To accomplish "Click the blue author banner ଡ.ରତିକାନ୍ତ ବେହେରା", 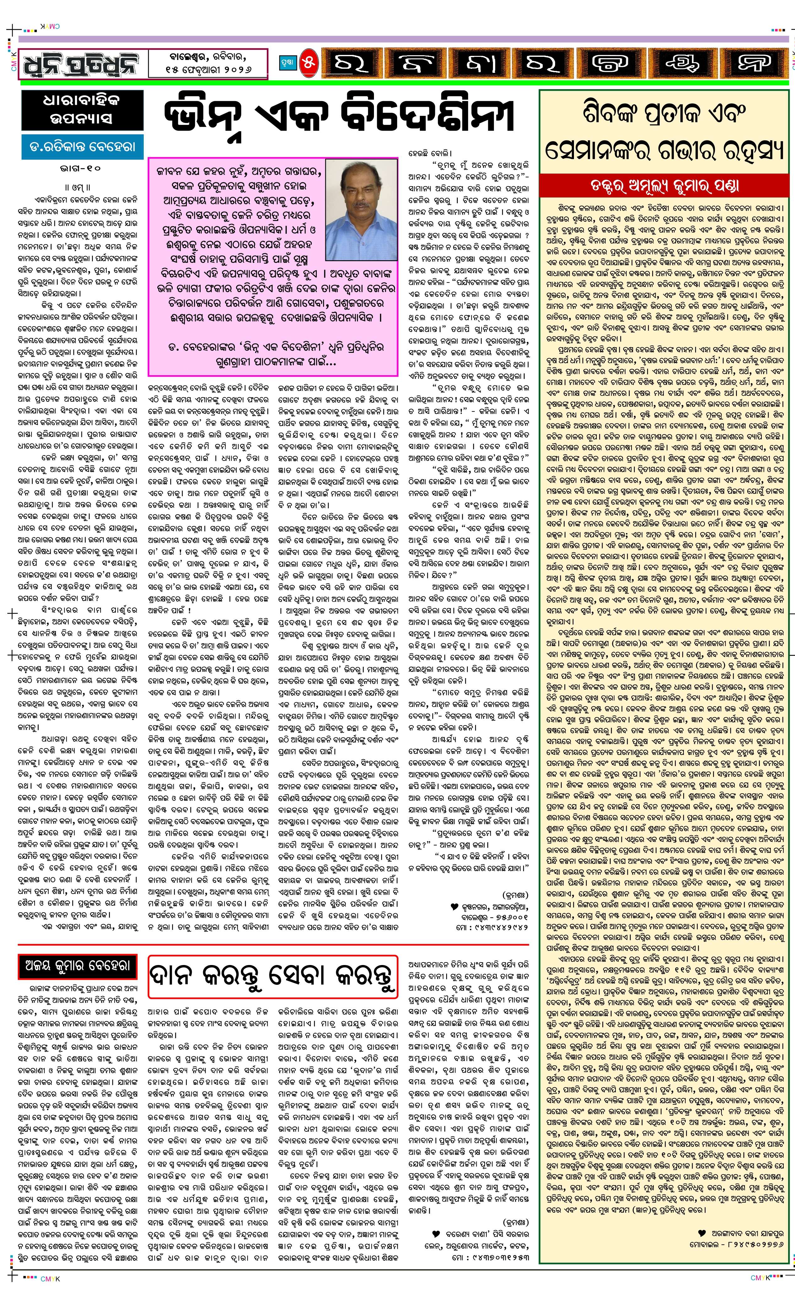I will click(82, 147).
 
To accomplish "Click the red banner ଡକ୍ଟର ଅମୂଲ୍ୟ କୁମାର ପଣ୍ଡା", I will click(664, 185).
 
